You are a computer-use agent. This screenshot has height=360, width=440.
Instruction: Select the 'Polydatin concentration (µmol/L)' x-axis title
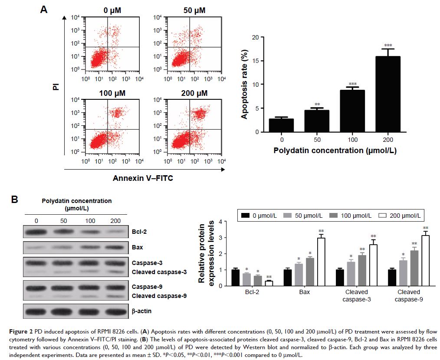tap(335, 151)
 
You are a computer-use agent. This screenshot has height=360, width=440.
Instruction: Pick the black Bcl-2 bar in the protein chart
tap(235, 278)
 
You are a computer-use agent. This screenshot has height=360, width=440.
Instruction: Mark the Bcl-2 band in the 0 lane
tap(36, 232)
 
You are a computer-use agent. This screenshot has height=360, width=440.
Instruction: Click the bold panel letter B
tap(14, 200)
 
